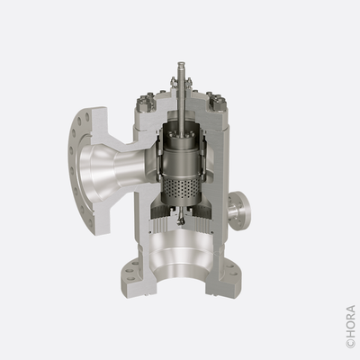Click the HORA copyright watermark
click(350, 327)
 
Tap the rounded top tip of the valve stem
click(181, 64)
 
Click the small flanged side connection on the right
click(239, 211)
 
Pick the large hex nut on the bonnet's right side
click(218, 104)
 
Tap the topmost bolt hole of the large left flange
click(87, 115)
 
